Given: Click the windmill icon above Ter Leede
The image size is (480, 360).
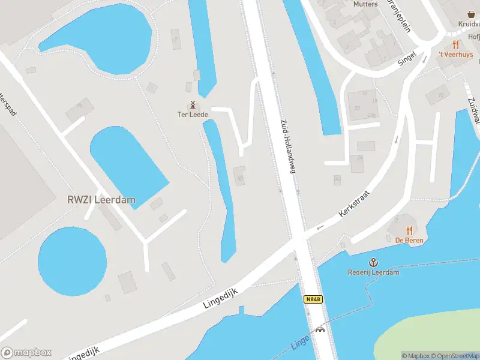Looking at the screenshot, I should pyautogui.click(x=193, y=104).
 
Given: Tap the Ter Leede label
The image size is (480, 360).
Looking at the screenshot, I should pyautogui.click(x=193, y=115).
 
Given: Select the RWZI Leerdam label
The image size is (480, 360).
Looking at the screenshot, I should pyautogui.click(x=101, y=200).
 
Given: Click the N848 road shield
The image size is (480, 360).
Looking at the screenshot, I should pyautogui.click(x=312, y=299).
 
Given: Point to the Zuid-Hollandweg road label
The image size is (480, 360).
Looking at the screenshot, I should pyautogui.click(x=287, y=146).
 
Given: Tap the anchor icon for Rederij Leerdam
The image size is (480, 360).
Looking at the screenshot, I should pyautogui.click(x=373, y=262).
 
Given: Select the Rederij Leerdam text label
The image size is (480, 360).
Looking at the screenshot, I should pyautogui.click(x=373, y=272).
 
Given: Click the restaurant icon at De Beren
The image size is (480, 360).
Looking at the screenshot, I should pyautogui.click(x=409, y=230).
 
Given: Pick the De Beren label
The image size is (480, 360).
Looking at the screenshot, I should pyautogui.click(x=409, y=241).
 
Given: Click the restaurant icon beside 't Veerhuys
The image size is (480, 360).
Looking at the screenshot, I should pyautogui.click(x=456, y=44).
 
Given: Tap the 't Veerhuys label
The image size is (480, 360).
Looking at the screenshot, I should pyautogui.click(x=456, y=55).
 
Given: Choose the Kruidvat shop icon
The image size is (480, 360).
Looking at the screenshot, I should pyautogui.click(x=471, y=14).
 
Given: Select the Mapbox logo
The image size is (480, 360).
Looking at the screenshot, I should pyautogui.click(x=26, y=352).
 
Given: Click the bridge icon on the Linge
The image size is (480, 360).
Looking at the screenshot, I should pyautogui.click(x=320, y=329).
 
